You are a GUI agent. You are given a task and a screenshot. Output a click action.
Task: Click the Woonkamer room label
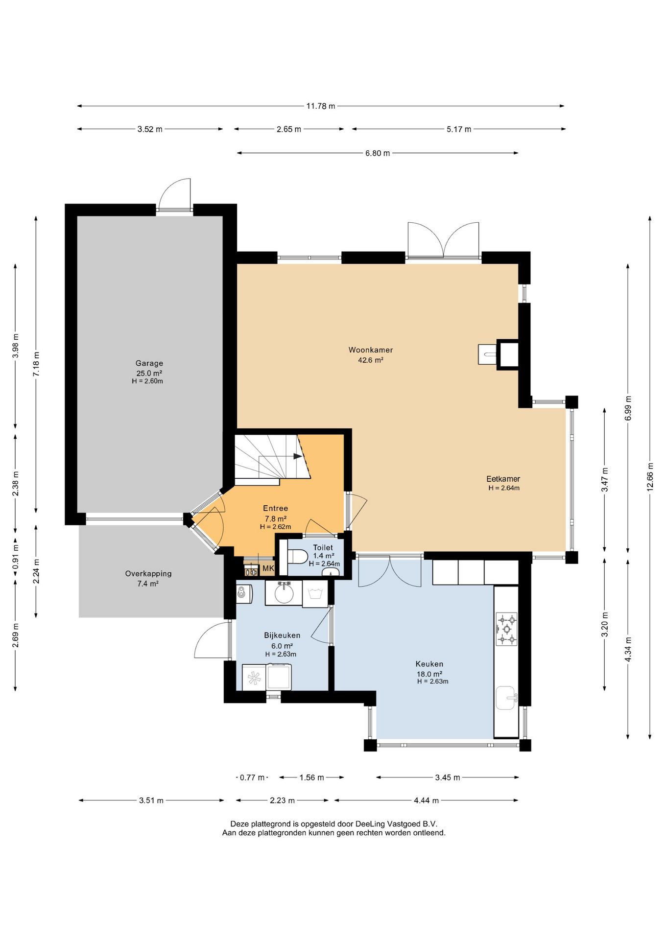[x=371, y=350]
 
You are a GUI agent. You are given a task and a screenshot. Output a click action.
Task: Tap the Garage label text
[x=149, y=363]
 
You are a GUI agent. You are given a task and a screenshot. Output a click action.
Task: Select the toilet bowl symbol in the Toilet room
[x=298, y=557]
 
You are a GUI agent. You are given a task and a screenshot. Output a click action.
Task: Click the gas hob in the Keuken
[x=507, y=629]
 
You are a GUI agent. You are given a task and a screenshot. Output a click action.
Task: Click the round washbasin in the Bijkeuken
[x=284, y=593]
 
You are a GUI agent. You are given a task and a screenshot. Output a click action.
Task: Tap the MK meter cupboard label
[x=268, y=568]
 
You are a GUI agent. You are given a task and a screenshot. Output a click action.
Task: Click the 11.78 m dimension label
[x=321, y=106]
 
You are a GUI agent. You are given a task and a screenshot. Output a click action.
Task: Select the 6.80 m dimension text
[x=378, y=153]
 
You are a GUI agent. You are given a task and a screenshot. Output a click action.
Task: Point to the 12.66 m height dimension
[x=650, y=476]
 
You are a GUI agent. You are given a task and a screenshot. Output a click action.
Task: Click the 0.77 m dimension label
[x=252, y=777]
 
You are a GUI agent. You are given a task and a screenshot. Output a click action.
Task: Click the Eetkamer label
[x=503, y=479]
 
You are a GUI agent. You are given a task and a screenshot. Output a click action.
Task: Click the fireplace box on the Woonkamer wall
[x=508, y=354]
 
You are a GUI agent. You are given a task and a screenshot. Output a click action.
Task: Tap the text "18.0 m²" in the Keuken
[x=429, y=674]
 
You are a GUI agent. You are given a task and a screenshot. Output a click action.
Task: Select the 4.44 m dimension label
[x=426, y=800]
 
